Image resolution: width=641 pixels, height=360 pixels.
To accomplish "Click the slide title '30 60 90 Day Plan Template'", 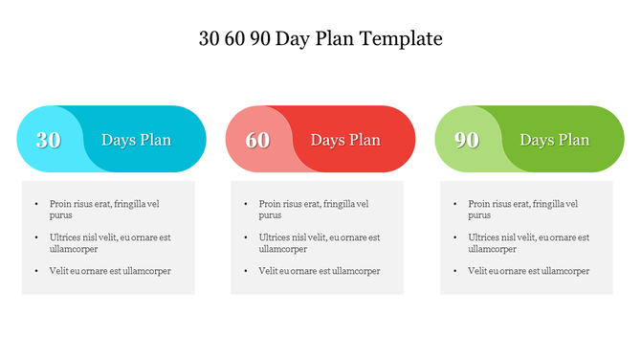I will pos(320,39).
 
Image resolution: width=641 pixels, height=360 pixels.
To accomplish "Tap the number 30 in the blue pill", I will pos(49,140).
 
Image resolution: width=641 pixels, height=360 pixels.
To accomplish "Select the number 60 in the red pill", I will pos(257,140).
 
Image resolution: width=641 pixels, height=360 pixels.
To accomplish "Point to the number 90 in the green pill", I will pos(467,140).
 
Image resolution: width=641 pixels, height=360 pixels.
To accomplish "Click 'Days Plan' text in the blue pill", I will pos(136,140).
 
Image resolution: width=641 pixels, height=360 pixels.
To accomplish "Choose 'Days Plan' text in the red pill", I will pos(345,140).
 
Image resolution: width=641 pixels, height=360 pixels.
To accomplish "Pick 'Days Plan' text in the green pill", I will pos(554,140).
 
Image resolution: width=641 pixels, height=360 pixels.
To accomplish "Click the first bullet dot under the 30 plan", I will pos(36,204).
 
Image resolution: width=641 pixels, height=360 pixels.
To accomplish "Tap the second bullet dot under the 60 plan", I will pos(246,237).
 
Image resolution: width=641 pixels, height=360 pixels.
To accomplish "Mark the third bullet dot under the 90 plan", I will pos(454,271).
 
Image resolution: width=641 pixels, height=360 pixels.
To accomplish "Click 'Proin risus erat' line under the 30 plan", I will pos(104,204).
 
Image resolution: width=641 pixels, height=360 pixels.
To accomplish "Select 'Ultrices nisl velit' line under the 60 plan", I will pos(319,237).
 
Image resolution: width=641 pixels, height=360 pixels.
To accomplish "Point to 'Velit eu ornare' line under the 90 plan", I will pos(528,271).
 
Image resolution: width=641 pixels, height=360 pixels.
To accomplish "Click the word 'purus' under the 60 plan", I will pos(270,215).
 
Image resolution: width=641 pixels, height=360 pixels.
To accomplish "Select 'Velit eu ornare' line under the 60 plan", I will pos(319,271).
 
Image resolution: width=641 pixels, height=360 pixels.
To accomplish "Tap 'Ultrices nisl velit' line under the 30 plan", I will pos(110,237).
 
